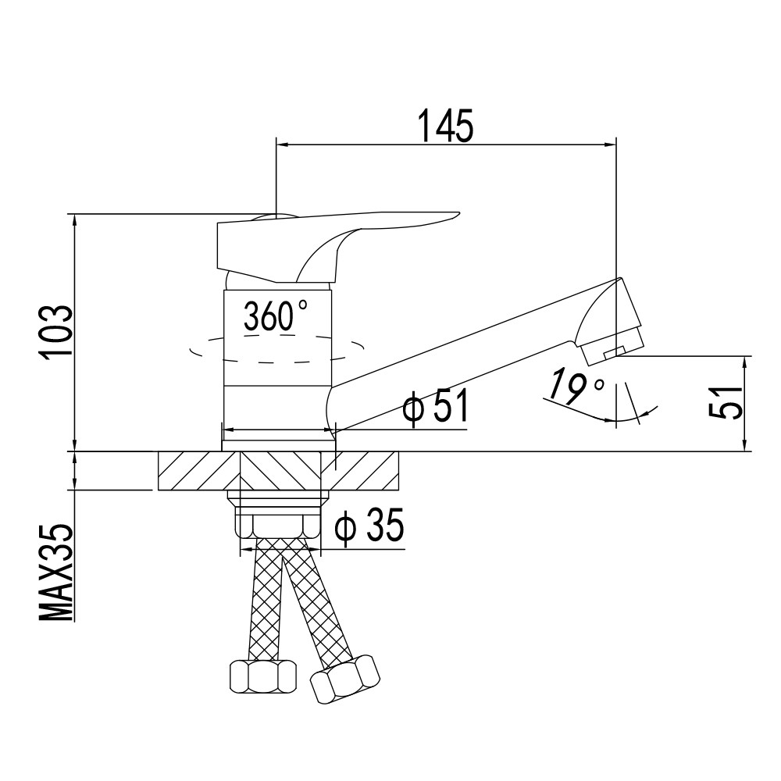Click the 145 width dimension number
pos(445,126)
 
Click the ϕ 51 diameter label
pos(435,405)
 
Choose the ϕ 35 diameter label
pos(369,526)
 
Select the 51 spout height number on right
pos(726,402)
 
